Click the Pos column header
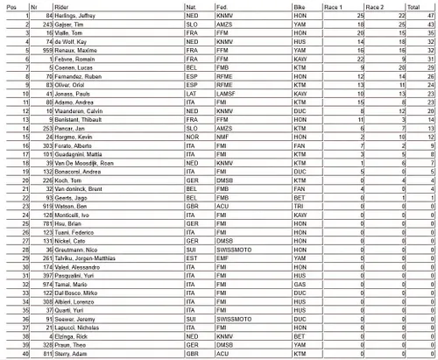[x=12, y=5]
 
